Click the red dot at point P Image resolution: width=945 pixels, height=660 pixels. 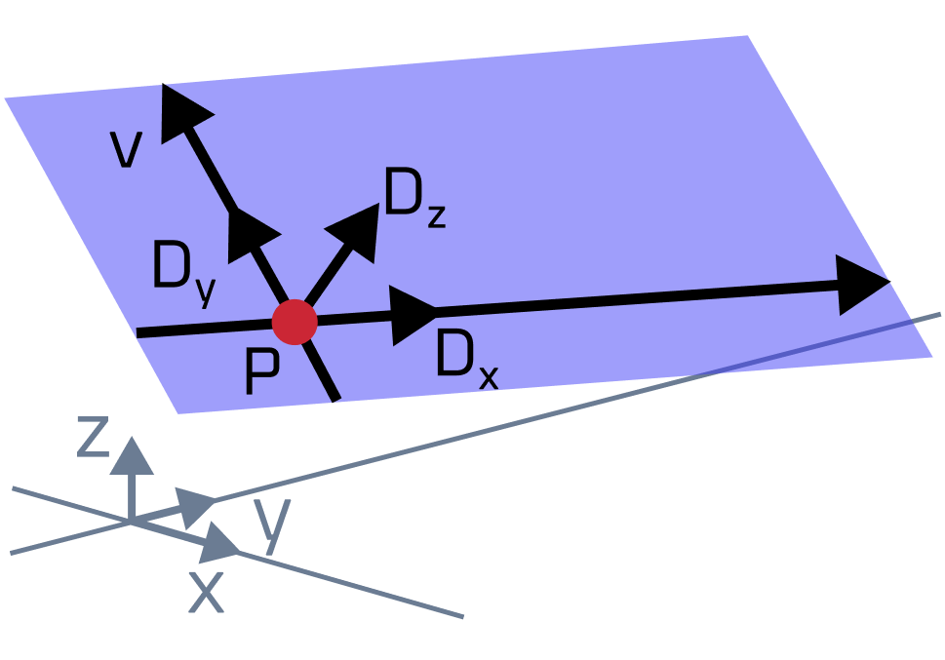[x=295, y=322]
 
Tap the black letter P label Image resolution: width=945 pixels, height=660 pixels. [x=261, y=373]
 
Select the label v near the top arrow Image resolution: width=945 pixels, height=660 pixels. [x=126, y=149]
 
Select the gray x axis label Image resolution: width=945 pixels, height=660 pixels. [x=206, y=591]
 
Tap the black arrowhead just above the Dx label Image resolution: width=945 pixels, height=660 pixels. [x=413, y=314]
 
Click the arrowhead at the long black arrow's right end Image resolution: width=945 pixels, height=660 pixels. [x=862, y=284]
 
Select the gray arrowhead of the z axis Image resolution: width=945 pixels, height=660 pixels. [x=132, y=455]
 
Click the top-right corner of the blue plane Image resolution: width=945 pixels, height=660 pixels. [x=747, y=37]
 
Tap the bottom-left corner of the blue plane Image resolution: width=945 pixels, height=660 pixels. [x=178, y=413]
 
